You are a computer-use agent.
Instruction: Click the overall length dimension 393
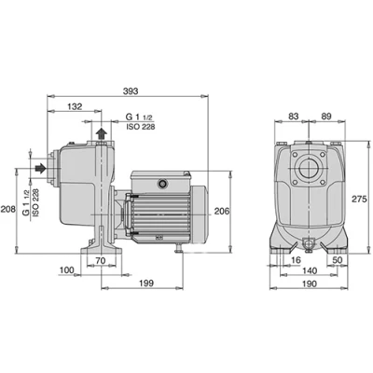(x=131, y=91)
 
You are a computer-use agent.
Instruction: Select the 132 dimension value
(x=75, y=106)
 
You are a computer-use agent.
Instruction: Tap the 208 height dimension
(x=7, y=209)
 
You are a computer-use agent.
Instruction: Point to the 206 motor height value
(x=222, y=211)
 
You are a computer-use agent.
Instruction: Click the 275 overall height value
(x=360, y=199)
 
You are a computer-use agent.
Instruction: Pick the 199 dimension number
(x=146, y=283)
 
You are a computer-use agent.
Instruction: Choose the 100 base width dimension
(x=66, y=269)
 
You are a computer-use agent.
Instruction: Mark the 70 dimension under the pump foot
(x=101, y=261)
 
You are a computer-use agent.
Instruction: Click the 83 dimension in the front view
(x=294, y=117)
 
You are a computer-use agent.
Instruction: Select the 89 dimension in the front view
(x=326, y=117)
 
